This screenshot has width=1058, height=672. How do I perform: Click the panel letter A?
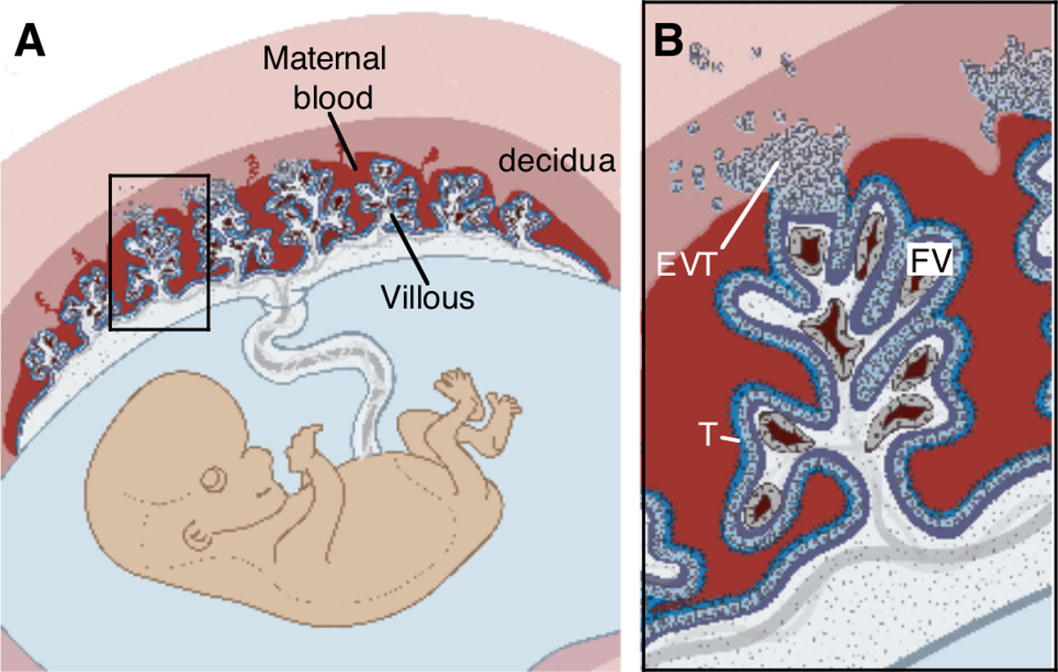pyautogui.click(x=29, y=41)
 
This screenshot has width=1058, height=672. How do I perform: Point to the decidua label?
pyautogui.click(x=554, y=161)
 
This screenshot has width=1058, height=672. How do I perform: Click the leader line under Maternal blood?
pyautogui.click(x=346, y=141)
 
